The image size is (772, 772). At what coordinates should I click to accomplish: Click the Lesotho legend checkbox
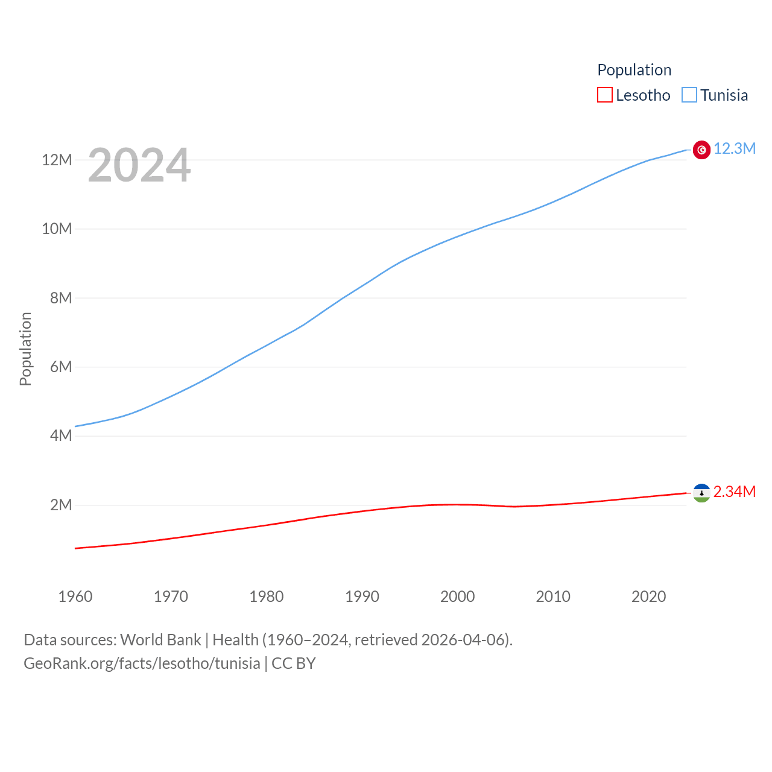tap(605, 95)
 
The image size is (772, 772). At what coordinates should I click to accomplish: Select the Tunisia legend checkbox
tap(689, 95)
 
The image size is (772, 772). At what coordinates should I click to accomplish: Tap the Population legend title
tap(634, 70)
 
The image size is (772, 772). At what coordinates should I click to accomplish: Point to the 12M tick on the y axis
tap(57, 160)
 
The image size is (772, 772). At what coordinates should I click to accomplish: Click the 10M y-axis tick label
tap(57, 229)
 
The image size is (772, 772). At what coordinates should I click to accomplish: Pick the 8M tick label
tap(61, 298)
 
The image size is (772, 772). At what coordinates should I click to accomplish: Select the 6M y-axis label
tap(61, 367)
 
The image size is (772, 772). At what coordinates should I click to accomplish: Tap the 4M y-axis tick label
tap(61, 435)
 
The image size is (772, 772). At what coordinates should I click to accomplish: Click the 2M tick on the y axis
tap(61, 505)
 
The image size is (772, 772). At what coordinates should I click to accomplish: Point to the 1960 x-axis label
tap(75, 596)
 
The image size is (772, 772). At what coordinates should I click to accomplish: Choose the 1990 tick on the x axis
tap(362, 596)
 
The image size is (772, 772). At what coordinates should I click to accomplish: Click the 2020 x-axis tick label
tap(648, 596)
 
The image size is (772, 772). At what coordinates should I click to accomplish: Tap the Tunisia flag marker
tap(701, 150)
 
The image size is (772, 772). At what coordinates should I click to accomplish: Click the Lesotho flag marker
tap(701, 493)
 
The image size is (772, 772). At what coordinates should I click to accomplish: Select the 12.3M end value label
tap(735, 149)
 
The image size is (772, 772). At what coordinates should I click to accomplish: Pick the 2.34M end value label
tap(735, 492)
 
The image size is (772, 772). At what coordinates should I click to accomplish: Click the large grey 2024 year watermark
tap(139, 165)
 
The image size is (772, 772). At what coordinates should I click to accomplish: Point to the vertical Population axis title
tap(25, 349)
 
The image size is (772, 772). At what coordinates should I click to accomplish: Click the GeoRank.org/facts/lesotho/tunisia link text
tap(142, 663)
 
